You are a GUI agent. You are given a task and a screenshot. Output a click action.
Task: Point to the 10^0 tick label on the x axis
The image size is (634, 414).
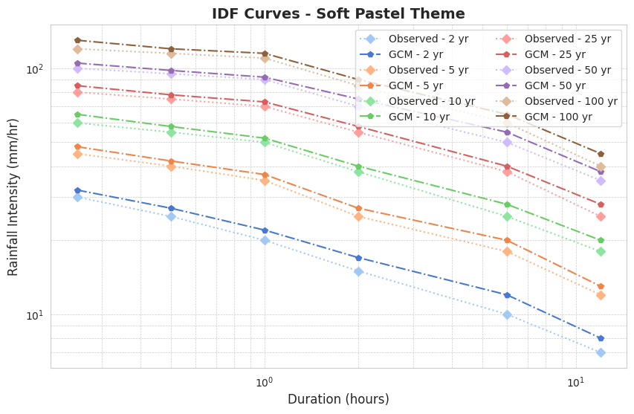tap(264, 382)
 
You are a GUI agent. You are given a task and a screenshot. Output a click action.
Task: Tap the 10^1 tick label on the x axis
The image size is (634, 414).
tap(575, 382)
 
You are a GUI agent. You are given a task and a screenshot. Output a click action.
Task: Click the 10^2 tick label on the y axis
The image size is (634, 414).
tap(35, 69)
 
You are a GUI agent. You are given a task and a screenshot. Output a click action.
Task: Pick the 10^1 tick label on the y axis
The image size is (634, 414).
tap(35, 315)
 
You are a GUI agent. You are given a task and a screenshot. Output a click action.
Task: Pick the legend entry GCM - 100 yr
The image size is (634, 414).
tap(558, 117)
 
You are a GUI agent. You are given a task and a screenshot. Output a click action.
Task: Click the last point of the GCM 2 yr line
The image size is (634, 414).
tap(601, 338)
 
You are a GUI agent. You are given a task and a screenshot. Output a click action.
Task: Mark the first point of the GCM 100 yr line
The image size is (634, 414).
tap(77, 40)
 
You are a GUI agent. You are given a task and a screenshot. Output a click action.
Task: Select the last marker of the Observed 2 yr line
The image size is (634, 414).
tap(601, 352)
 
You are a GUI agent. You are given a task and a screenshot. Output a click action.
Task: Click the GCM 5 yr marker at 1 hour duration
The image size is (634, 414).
tap(265, 175)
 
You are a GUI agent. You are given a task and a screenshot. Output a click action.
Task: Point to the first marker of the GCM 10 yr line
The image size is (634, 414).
tap(77, 114)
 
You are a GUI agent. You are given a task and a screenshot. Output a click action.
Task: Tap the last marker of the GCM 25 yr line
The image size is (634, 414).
tap(601, 204)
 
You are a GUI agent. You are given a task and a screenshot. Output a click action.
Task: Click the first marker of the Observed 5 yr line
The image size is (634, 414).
tap(77, 154)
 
